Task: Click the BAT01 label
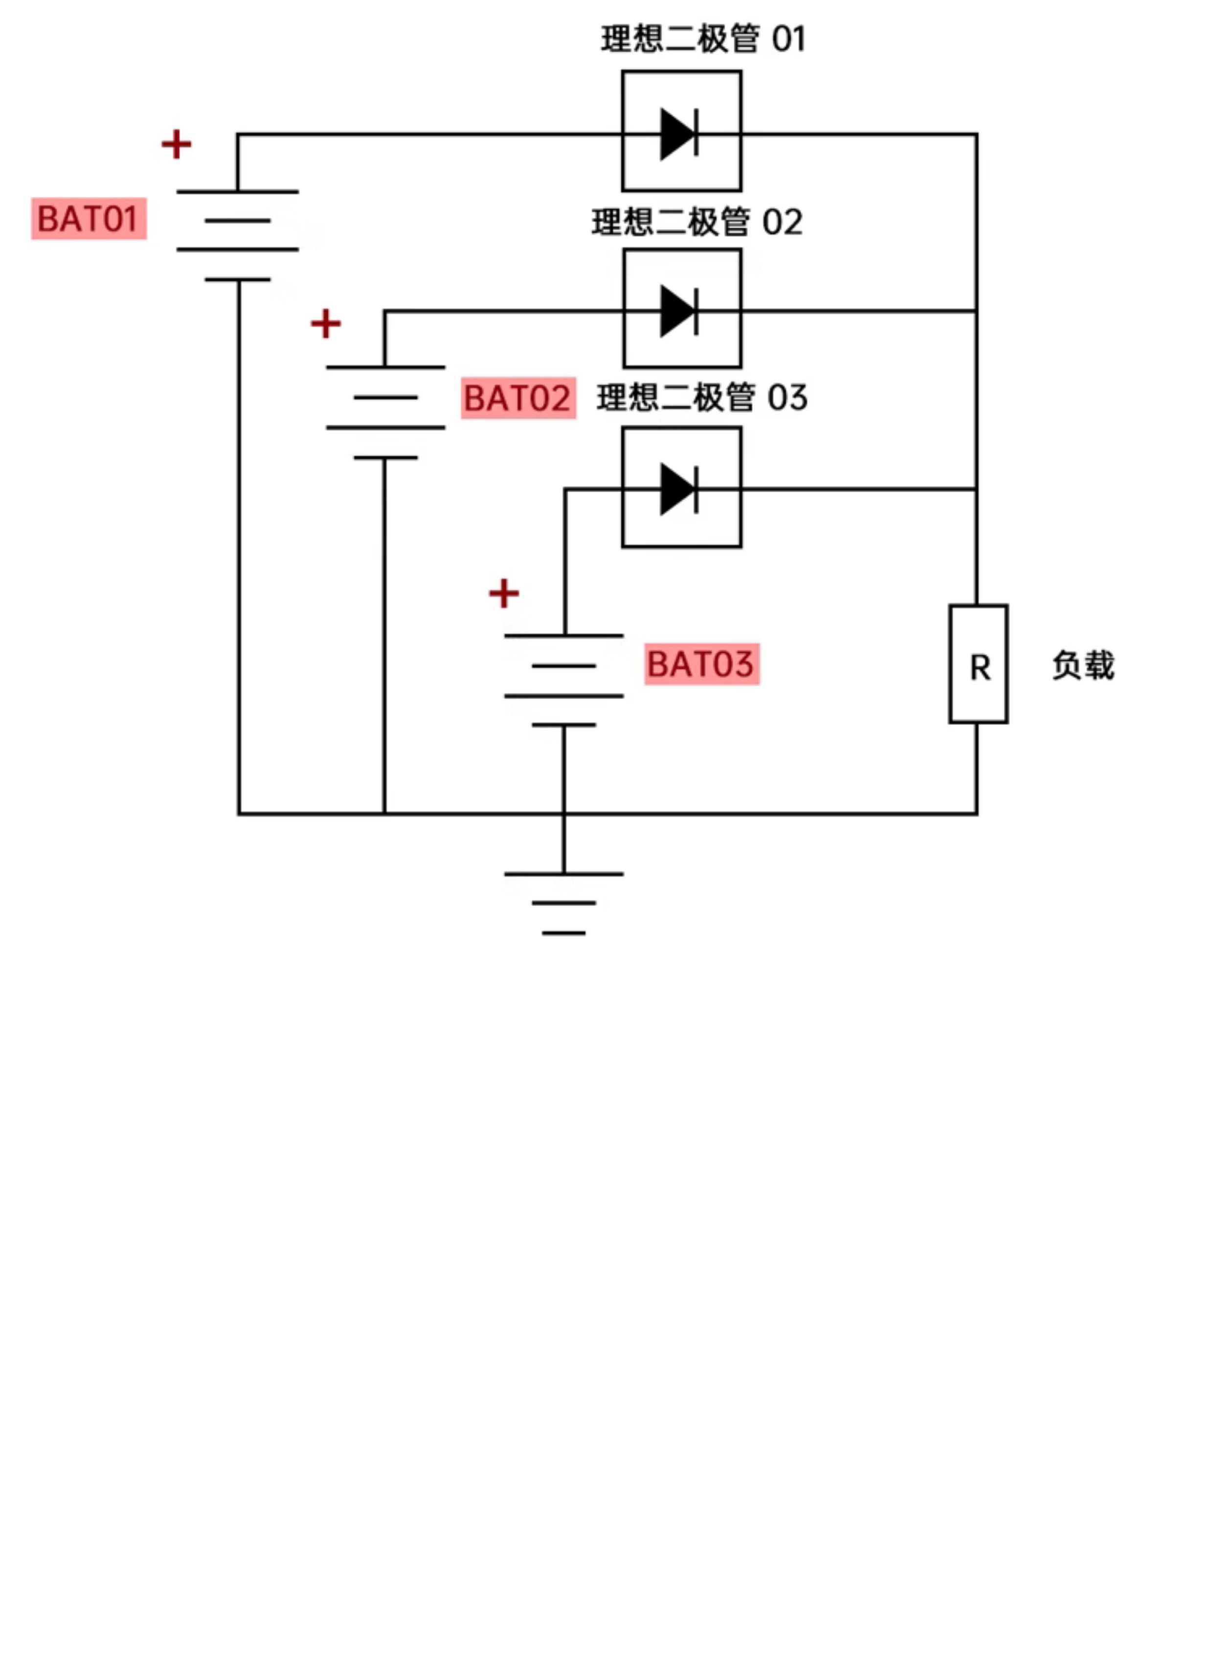[89, 219]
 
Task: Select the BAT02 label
[518, 398]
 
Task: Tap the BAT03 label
[701, 664]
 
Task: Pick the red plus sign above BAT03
[504, 593]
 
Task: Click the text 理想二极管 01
[703, 39]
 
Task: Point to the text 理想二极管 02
[697, 222]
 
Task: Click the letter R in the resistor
[980, 668]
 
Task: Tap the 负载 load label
[1083, 665]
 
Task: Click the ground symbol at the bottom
[564, 903]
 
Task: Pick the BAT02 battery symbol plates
[385, 412]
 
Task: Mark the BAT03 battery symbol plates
[564, 680]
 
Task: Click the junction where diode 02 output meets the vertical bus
[977, 311]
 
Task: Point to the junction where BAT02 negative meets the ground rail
[384, 814]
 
